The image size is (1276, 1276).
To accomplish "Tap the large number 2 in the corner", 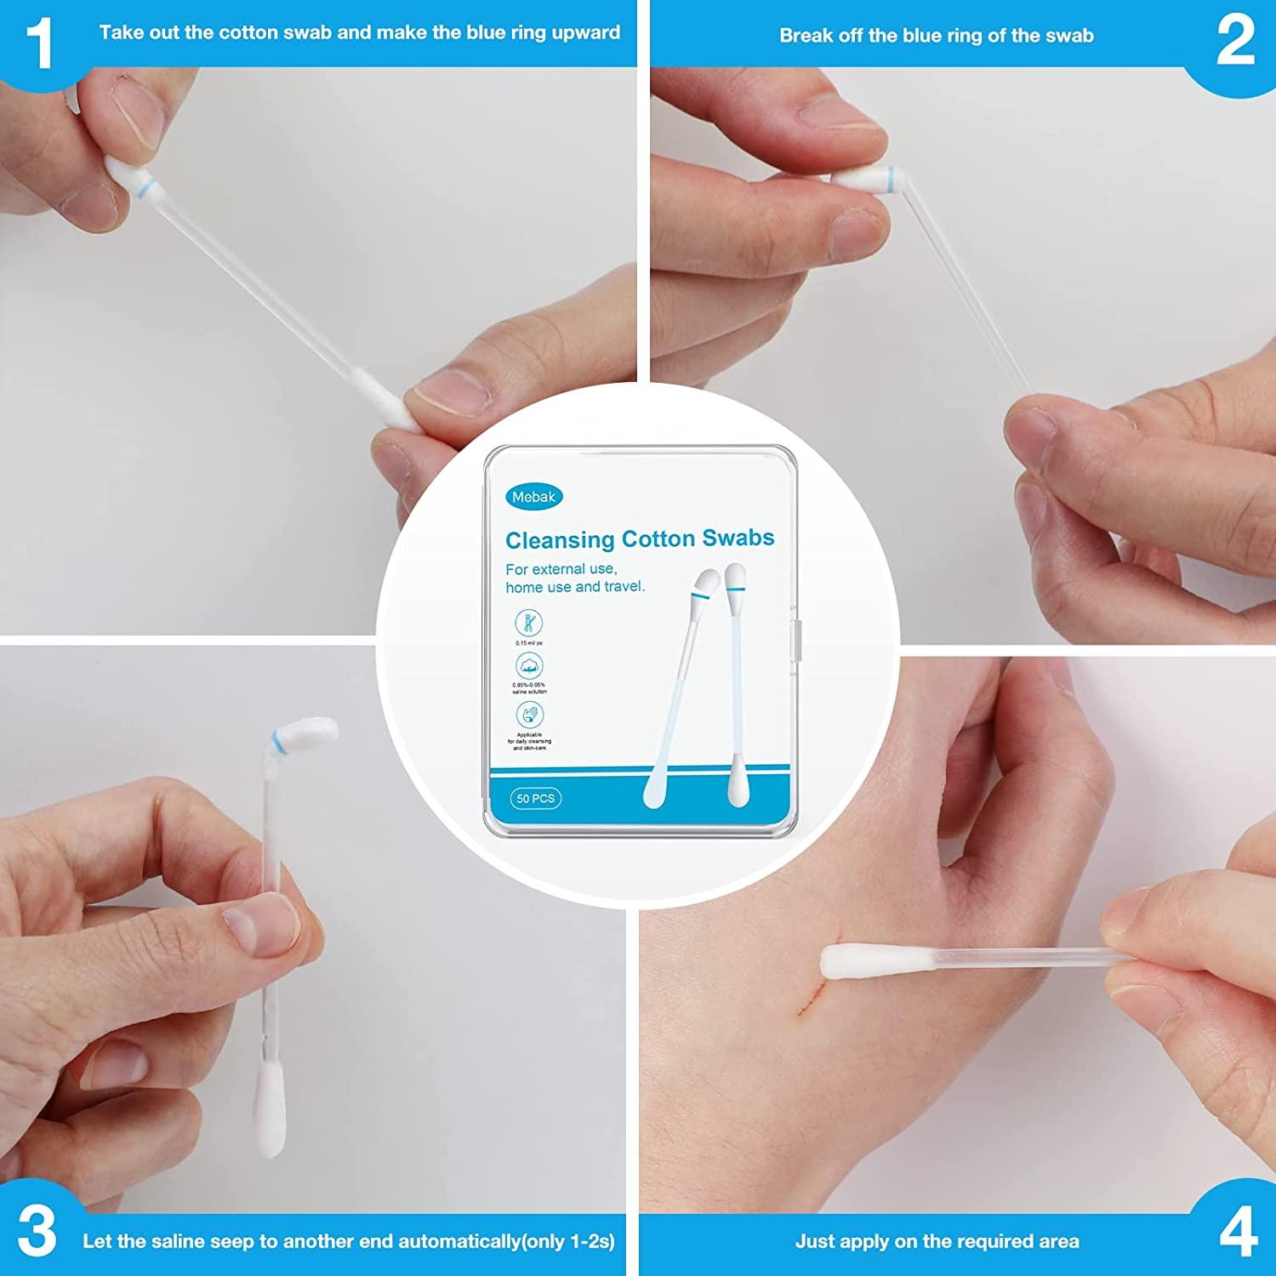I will coord(1235,41).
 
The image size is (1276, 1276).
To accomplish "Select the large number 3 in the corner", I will coord(37,1232).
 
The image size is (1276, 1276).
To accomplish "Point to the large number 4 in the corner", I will coord(1238,1232).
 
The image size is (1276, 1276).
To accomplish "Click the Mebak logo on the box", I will coord(533,497).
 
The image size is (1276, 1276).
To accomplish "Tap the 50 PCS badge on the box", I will coord(535,799).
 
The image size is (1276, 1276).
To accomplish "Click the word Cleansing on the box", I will coord(560,540).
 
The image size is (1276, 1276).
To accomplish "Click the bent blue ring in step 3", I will coord(277,743).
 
